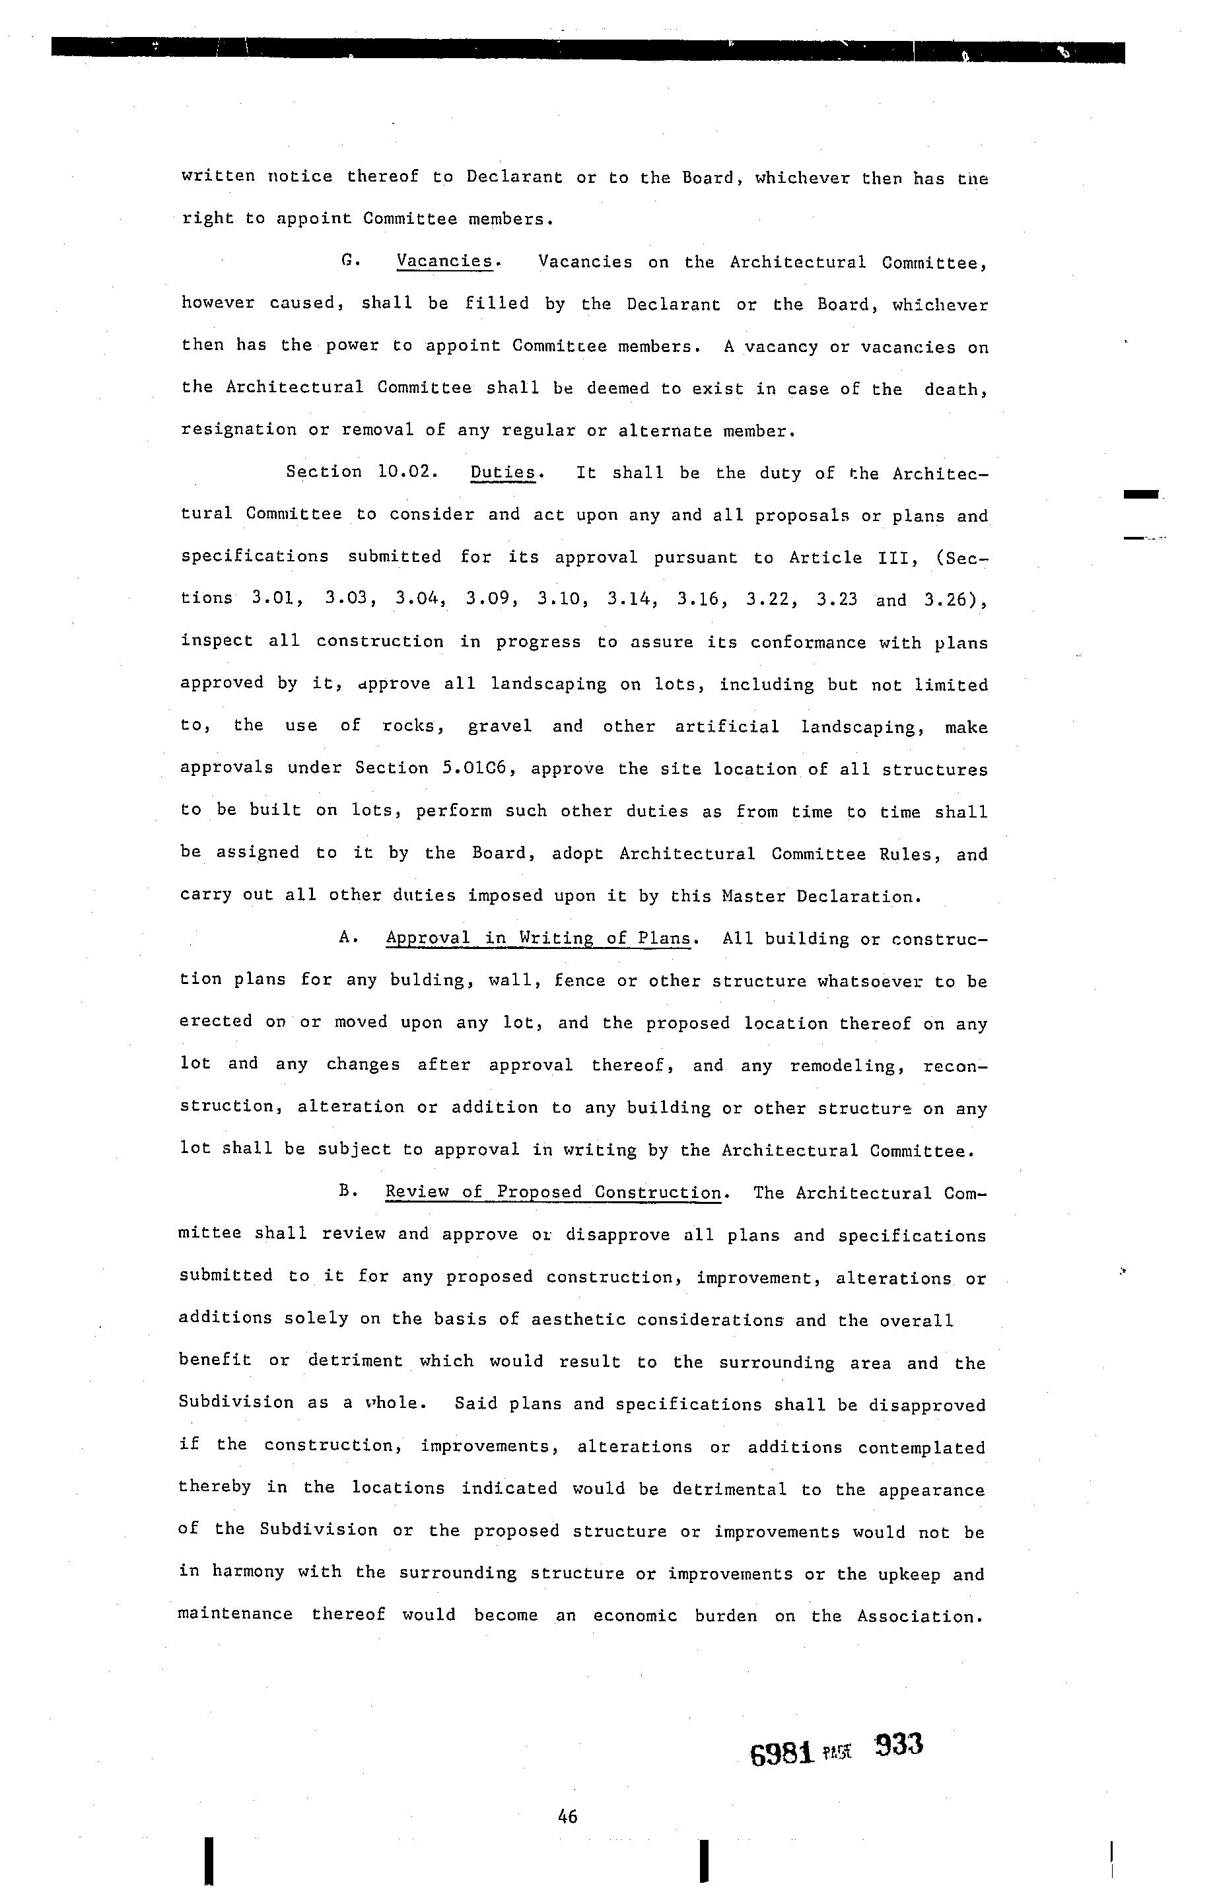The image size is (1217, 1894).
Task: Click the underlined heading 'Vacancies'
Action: point(445,262)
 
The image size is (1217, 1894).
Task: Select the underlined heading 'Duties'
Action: point(503,473)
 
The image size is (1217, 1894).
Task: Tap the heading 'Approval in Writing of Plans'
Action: point(538,938)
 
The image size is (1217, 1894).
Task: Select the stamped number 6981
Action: point(782,1754)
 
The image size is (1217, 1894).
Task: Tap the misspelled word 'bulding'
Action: point(419,981)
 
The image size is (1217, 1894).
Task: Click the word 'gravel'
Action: point(499,726)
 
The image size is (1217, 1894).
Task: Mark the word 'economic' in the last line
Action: point(635,1616)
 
